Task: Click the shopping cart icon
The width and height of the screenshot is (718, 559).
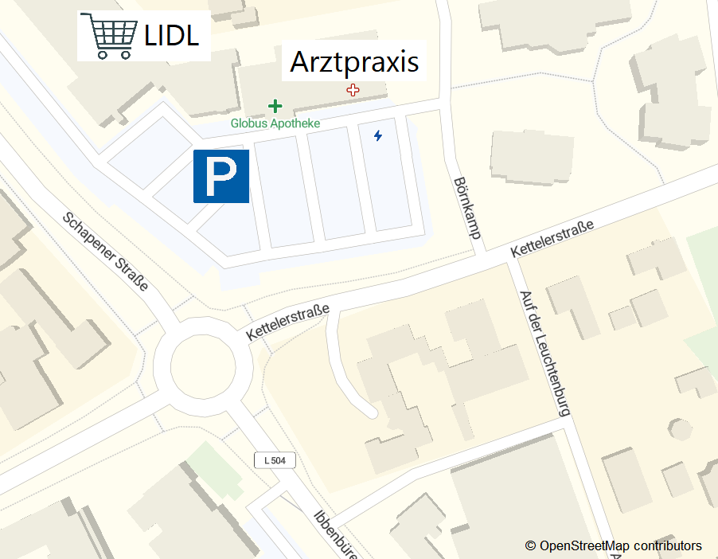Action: (109, 36)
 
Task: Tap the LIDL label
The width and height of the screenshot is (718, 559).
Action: (171, 36)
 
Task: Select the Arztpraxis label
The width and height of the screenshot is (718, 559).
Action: (354, 61)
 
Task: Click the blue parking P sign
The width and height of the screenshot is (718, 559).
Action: (221, 176)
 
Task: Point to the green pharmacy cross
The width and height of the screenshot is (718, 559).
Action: (275, 106)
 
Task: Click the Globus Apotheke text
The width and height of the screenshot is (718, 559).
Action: (275, 123)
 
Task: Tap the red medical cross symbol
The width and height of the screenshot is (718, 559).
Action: (353, 91)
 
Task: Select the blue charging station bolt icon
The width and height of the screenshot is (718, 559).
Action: (378, 136)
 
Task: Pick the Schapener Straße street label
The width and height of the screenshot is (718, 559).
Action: (105, 251)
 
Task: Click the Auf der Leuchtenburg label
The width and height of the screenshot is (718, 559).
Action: (545, 353)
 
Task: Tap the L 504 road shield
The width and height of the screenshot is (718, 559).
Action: (275, 460)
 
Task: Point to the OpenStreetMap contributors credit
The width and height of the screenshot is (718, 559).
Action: (613, 545)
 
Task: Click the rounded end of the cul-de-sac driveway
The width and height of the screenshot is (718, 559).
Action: (368, 411)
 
